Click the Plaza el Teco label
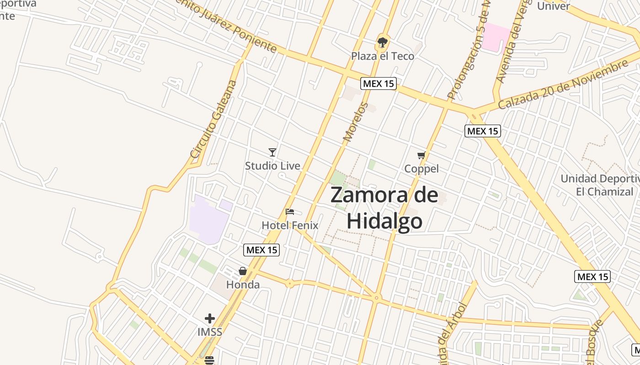(383, 56)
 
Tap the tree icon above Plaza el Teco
(383, 43)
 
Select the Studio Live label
(272, 166)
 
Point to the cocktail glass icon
(272, 152)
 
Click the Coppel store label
(421, 169)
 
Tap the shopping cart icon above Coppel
(421, 156)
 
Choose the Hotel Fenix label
(290, 225)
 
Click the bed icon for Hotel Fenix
(290, 212)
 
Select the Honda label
(243, 285)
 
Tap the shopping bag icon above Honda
(243, 271)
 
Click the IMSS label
(210, 332)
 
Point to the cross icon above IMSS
(210, 318)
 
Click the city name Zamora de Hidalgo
(384, 208)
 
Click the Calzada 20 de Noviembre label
(563, 84)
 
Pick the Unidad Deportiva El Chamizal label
(600, 185)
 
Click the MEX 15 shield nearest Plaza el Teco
(378, 83)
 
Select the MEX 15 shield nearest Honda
(261, 250)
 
